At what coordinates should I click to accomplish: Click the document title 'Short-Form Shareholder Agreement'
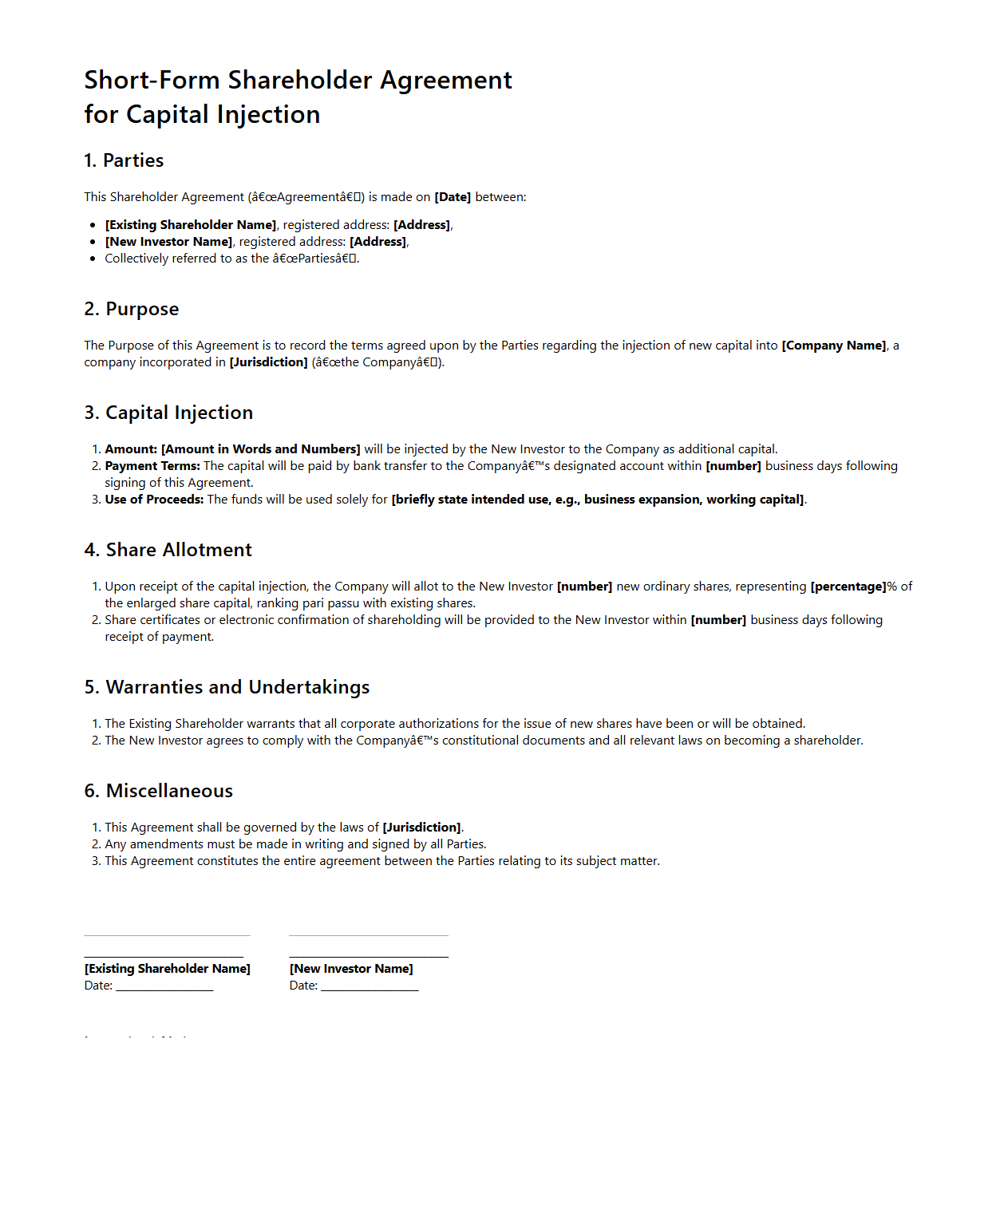pyautogui.click(x=298, y=81)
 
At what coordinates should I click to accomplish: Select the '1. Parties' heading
pyautogui.click(x=124, y=160)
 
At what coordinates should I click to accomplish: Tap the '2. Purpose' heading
pyautogui.click(x=132, y=309)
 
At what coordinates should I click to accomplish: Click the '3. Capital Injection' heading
pyautogui.click(x=168, y=413)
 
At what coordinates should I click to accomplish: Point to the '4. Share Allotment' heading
pyautogui.click(x=168, y=550)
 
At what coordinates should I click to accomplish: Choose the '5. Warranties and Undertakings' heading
pyautogui.click(x=227, y=687)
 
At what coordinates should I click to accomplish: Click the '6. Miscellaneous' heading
pyautogui.click(x=159, y=791)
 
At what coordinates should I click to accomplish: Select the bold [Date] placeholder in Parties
pyautogui.click(x=453, y=197)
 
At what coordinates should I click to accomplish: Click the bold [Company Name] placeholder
pyautogui.click(x=834, y=346)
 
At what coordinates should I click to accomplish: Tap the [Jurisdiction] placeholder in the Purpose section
pyautogui.click(x=268, y=362)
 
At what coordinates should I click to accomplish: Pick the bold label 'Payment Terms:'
pyautogui.click(x=152, y=466)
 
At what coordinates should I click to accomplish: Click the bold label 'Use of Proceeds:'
pyautogui.click(x=155, y=500)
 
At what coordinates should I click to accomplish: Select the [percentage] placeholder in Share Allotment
pyautogui.click(x=848, y=587)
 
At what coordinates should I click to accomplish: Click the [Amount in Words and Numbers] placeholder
pyautogui.click(x=261, y=449)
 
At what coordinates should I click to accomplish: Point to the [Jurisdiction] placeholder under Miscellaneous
pyautogui.click(x=421, y=828)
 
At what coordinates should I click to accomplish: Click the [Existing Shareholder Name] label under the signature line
pyautogui.click(x=168, y=969)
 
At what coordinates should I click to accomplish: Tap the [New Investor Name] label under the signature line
pyautogui.click(x=351, y=969)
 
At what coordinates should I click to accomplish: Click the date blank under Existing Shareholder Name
pyautogui.click(x=164, y=986)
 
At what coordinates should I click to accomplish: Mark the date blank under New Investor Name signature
pyautogui.click(x=370, y=986)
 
